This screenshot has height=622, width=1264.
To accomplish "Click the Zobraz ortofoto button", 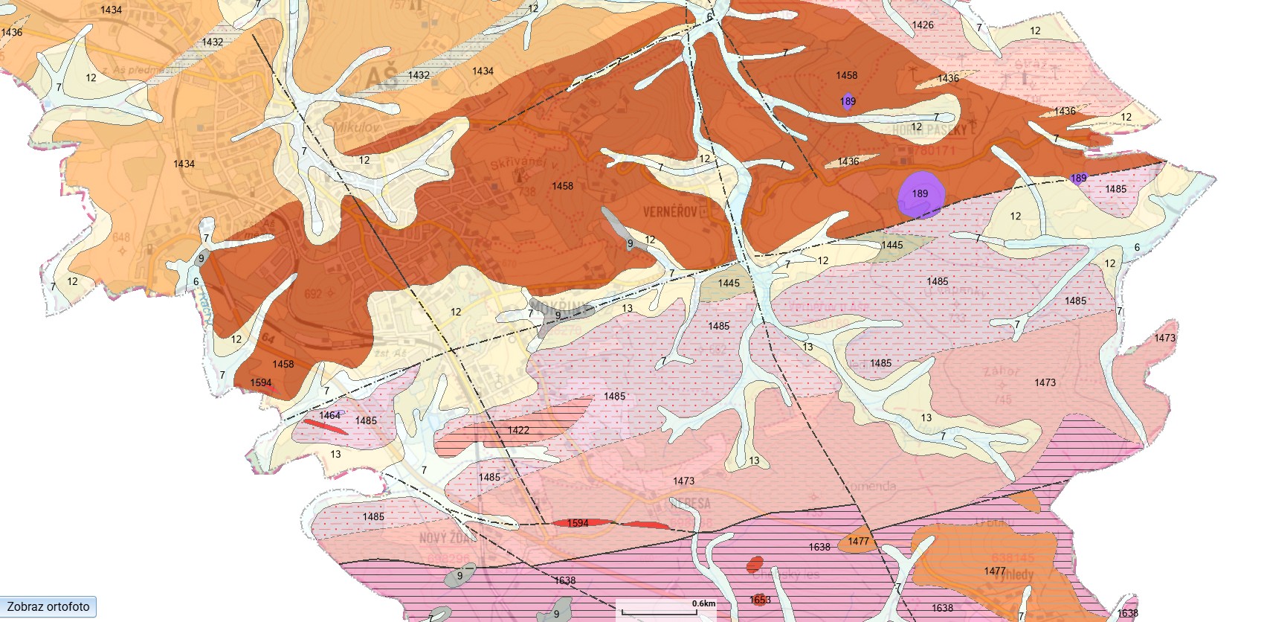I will [48, 606].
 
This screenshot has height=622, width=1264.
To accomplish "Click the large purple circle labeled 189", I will [920, 194].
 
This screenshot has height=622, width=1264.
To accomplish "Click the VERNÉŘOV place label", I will [670, 212].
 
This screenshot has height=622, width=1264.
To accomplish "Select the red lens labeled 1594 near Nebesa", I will [578, 523].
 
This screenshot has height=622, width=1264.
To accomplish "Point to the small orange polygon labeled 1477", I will [858, 541].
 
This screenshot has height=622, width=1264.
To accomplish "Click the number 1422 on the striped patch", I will [518, 430].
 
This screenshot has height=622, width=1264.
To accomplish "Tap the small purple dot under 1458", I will [848, 102].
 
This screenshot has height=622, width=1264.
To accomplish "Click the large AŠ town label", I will [381, 77].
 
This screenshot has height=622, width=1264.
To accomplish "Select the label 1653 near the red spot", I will [759, 600].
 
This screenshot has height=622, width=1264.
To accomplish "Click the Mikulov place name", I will [355, 127].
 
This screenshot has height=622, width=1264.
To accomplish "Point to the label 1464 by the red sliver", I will [329, 415].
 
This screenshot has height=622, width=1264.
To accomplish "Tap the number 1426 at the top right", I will [923, 25].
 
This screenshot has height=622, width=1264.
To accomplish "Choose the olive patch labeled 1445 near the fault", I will [892, 246].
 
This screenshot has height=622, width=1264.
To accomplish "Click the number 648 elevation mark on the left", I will [120, 237].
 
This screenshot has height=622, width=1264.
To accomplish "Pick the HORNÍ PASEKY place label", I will [929, 129].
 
